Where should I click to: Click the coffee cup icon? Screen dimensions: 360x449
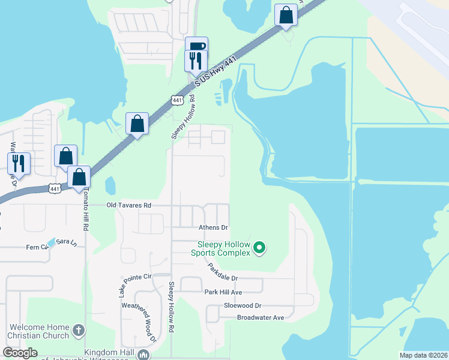click(196, 46)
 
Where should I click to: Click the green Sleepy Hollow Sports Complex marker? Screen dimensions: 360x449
click(259, 247)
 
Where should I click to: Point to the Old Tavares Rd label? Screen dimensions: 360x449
click(128, 205)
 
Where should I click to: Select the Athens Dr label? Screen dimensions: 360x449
click(214, 228)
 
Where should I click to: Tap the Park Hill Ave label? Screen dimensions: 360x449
click(223, 292)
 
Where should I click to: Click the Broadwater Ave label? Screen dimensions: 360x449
click(260, 317)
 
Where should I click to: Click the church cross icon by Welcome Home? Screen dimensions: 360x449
click(79, 331)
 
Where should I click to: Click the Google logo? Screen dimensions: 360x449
click(20, 353)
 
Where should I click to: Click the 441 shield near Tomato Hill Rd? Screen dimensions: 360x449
click(54, 188)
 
